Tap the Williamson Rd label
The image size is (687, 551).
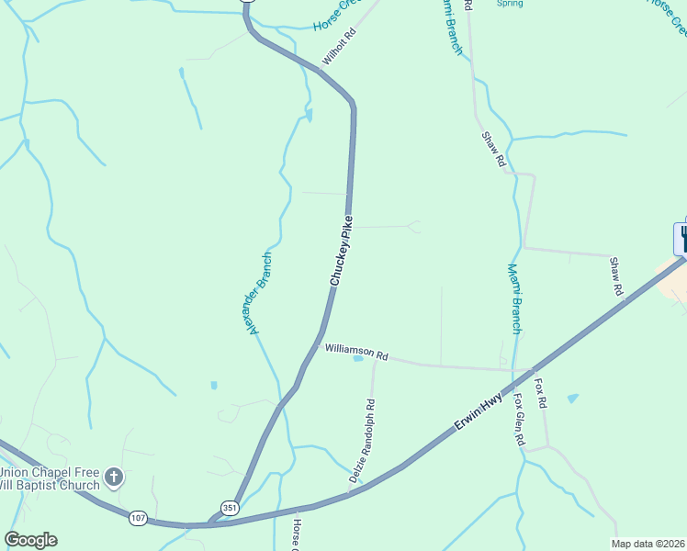pos(357,352)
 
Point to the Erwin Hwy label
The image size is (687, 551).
pos(479,413)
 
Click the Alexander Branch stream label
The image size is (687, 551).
pos(260,293)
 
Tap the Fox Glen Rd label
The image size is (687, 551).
pos(519,420)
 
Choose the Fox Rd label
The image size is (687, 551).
pos(541,392)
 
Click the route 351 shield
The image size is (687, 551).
pos(229,508)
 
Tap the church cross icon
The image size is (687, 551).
pos(114,477)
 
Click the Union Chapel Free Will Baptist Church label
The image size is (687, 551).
pos(51,478)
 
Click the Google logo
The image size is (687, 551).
pos(30,540)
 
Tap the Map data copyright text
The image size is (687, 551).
pos(648,544)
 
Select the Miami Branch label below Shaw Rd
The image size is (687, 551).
pos(515,299)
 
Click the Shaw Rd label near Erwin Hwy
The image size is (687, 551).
pos(617,276)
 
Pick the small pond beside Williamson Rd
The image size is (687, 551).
pos(357,359)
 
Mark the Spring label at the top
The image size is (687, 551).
pos(510,4)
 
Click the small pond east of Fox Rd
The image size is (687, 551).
pos(573,398)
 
